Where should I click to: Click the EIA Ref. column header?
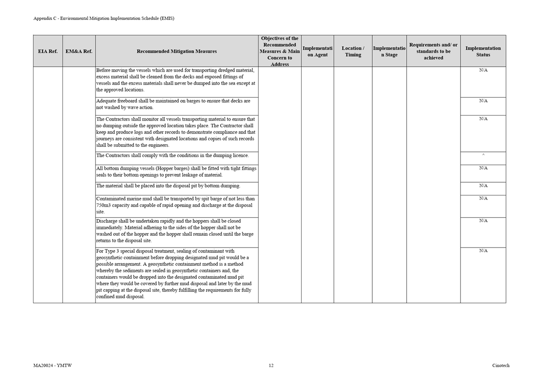click(x=48, y=51)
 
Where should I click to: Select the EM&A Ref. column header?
click(x=79, y=51)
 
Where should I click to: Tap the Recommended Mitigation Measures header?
click(x=177, y=51)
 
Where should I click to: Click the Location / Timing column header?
click(x=353, y=51)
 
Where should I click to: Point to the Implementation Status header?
click(x=483, y=51)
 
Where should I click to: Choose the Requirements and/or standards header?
click(x=433, y=51)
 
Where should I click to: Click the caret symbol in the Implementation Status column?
click(x=483, y=155)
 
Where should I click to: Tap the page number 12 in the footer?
click(x=271, y=365)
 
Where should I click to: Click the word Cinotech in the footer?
click(x=500, y=365)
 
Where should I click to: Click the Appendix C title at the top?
click(x=104, y=19)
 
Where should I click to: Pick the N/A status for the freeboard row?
click(x=483, y=101)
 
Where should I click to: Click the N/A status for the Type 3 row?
click(x=483, y=251)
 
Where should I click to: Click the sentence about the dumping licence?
click(x=172, y=156)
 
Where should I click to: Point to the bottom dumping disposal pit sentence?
click(x=168, y=186)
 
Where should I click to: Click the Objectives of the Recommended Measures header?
click(x=279, y=51)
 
